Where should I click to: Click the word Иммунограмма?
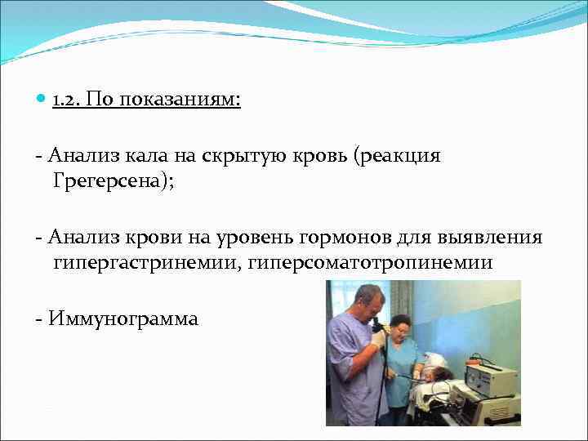[122, 318]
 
